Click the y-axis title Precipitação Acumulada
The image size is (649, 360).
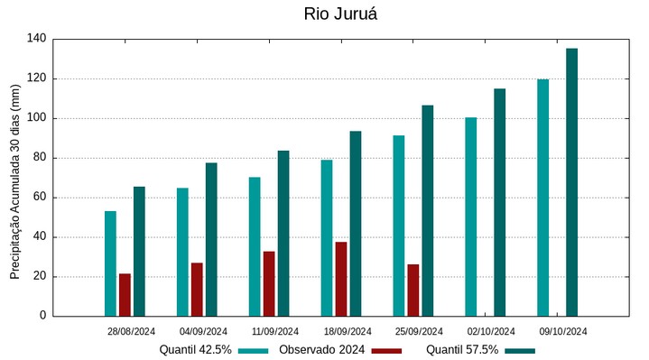pos(14,181)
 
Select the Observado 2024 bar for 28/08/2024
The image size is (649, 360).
pos(125,294)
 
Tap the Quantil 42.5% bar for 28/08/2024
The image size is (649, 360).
pos(110,263)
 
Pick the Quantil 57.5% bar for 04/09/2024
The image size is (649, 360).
pos(211,239)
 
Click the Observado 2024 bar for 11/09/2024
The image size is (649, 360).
pos(269,283)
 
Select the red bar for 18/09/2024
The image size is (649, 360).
pos(341,279)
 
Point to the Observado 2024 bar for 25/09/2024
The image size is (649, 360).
pos(413,290)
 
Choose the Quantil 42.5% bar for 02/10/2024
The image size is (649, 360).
pos(471,217)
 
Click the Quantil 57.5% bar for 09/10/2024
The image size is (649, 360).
pos(572,182)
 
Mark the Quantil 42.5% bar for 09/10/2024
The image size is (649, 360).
pos(543,198)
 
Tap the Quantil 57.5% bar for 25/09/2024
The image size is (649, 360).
pos(428,210)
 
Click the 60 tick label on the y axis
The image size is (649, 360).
pos(39,198)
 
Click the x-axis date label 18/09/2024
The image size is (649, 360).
pos(348,331)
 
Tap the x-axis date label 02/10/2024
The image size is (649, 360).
pos(492,331)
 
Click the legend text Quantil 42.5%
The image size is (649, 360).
pos(196,350)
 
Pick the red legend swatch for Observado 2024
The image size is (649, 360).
pos(386,350)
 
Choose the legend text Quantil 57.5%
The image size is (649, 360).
pos(462,350)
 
